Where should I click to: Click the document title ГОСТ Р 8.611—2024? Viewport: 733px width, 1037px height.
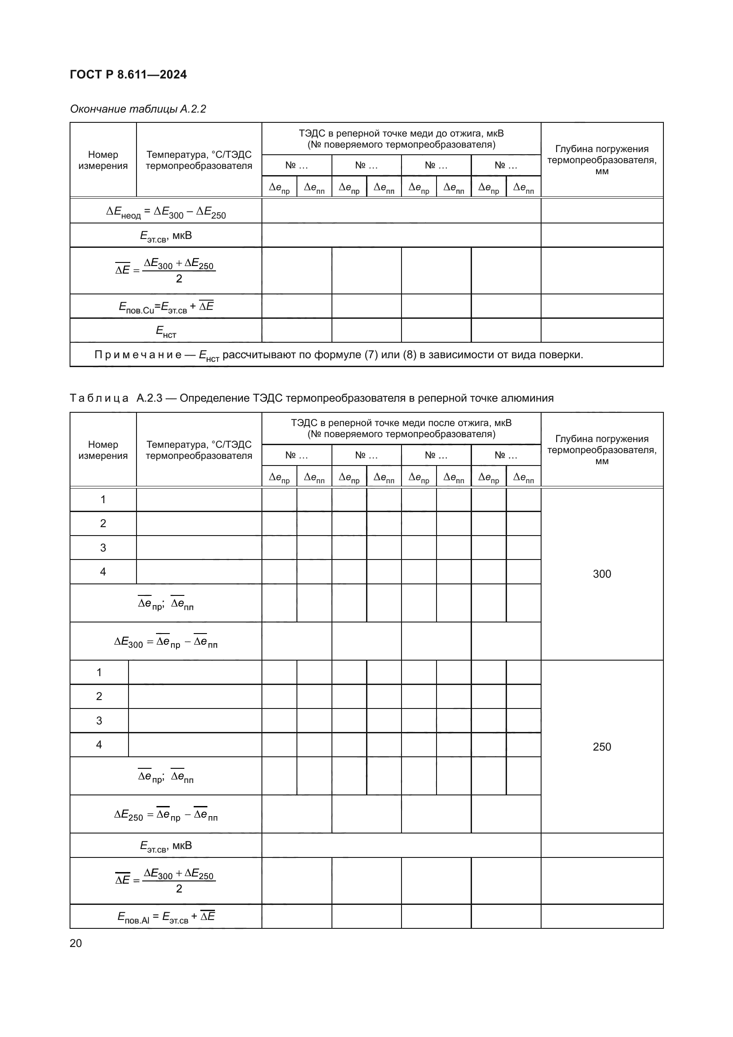click(x=128, y=74)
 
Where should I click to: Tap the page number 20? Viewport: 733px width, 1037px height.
click(x=76, y=943)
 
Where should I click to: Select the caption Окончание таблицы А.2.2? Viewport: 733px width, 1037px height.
click(x=138, y=109)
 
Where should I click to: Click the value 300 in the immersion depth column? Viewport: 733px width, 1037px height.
click(x=602, y=574)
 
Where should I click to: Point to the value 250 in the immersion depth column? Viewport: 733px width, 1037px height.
click(x=602, y=747)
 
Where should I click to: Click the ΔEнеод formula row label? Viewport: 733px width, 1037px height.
click(x=166, y=212)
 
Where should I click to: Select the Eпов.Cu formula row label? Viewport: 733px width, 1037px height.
click(x=166, y=307)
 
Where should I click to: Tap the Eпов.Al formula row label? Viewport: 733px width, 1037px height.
click(x=166, y=916)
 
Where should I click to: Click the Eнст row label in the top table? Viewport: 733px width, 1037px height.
click(x=166, y=331)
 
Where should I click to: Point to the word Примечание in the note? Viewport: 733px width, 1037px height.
click(x=138, y=355)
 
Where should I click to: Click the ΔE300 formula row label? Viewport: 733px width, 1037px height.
click(x=166, y=642)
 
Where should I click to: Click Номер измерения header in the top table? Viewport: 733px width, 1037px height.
click(x=103, y=160)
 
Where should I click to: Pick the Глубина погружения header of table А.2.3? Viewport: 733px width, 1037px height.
click(x=602, y=450)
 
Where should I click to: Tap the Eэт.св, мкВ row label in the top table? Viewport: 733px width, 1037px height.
click(x=166, y=236)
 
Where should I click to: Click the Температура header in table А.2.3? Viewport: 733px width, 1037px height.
click(x=199, y=450)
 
